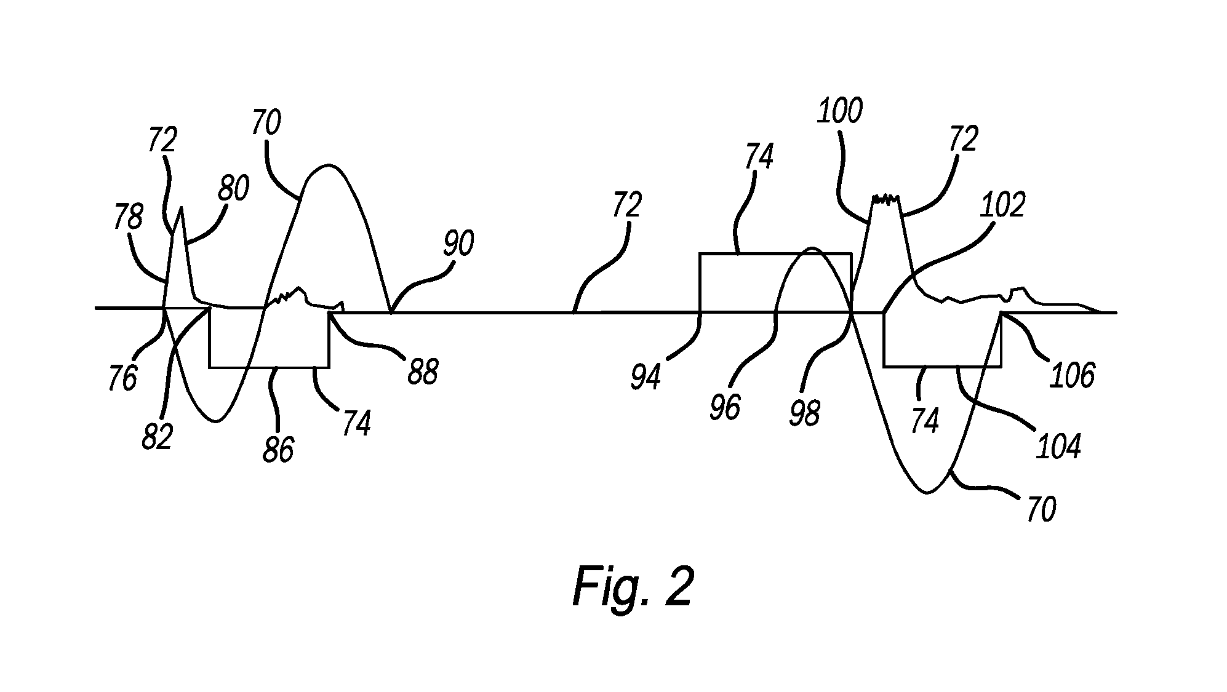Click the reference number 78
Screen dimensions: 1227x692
pyautogui.click(x=129, y=218)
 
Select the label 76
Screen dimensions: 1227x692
pyautogui.click(x=122, y=378)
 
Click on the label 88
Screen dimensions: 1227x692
pyautogui.click(x=423, y=371)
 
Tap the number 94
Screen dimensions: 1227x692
pyautogui.click(x=645, y=376)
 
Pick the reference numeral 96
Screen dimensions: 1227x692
pyautogui.click(x=725, y=407)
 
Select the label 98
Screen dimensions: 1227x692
pyautogui.click(x=805, y=412)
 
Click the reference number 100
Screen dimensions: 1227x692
pyautogui.click(x=839, y=111)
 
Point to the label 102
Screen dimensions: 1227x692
pyautogui.click(x=1002, y=204)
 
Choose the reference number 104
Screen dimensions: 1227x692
pyautogui.click(x=1058, y=447)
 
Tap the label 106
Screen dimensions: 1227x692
pyautogui.click(x=1072, y=374)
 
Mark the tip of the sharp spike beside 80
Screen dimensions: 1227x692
pyautogui.click(x=181, y=209)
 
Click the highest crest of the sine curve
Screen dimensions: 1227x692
pyautogui.click(x=329, y=165)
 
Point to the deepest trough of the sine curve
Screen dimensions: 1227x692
pyautogui.click(x=927, y=493)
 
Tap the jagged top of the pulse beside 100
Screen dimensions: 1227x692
pyautogui.click(x=885, y=198)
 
